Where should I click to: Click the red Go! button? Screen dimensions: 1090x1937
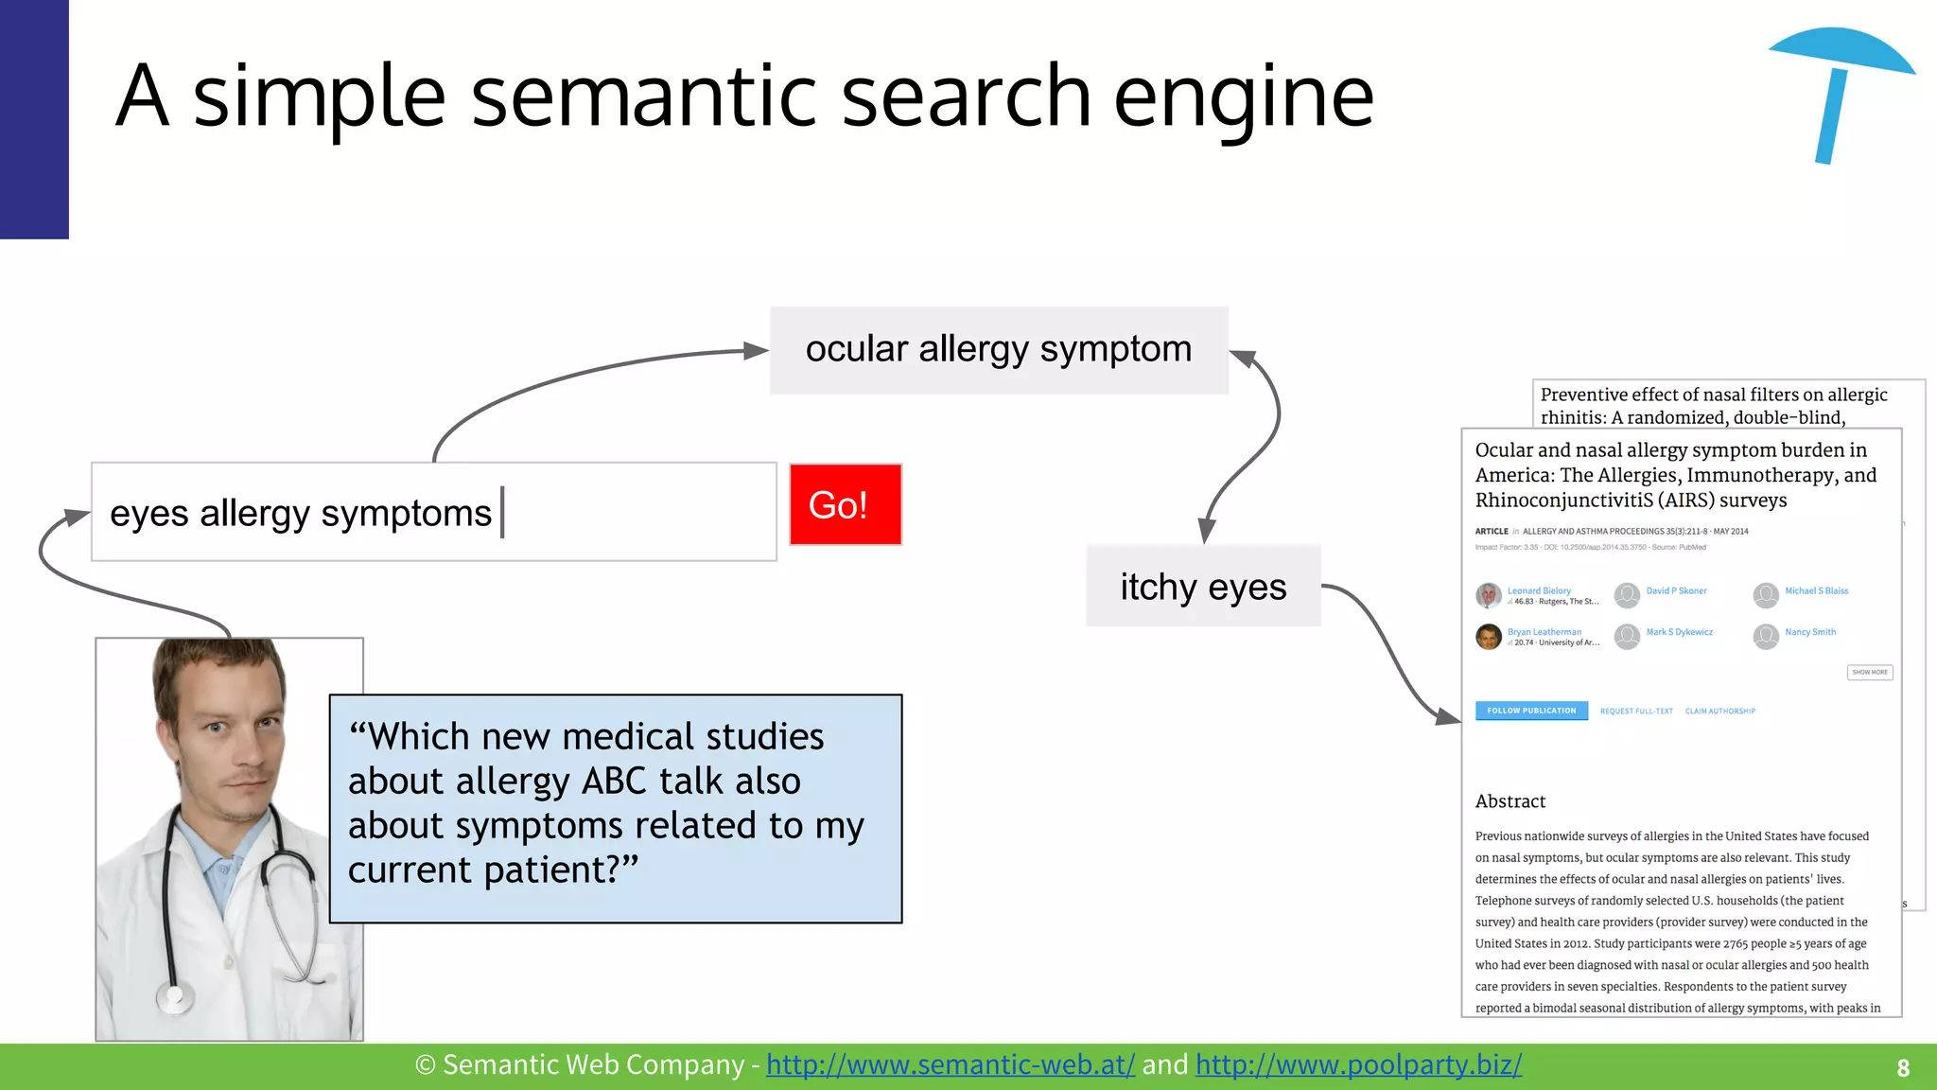pyautogui.click(x=845, y=504)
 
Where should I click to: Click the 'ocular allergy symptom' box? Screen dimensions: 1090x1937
pyautogui.click(x=998, y=350)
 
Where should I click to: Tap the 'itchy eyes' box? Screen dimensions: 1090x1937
pyautogui.click(x=1202, y=587)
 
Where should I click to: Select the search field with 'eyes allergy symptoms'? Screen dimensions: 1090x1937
pyautogui.click(x=433, y=512)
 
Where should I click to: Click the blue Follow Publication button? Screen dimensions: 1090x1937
pyautogui.click(x=1531, y=711)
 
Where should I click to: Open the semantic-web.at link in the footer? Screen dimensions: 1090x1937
pyautogui.click(x=950, y=1065)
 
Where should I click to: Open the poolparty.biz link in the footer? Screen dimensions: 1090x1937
pyautogui.click(x=1358, y=1065)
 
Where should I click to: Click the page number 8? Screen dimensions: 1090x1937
pyautogui.click(x=1903, y=1068)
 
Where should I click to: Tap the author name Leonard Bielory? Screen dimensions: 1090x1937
pyautogui.click(x=1539, y=590)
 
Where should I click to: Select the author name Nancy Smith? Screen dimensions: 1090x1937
pyautogui.click(x=1810, y=632)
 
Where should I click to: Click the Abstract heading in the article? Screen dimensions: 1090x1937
pyautogui.click(x=1510, y=801)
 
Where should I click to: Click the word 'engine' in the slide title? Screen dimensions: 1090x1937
pyautogui.click(x=1243, y=97)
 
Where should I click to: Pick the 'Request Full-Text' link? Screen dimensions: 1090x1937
pyautogui.click(x=1636, y=712)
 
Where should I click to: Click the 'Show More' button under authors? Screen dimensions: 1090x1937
pyautogui.click(x=1869, y=673)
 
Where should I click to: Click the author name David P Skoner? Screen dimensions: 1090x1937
pyautogui.click(x=1676, y=590)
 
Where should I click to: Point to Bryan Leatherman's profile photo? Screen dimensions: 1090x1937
pyautogui.click(x=1489, y=637)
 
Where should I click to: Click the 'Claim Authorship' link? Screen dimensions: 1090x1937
pyautogui.click(x=1719, y=712)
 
